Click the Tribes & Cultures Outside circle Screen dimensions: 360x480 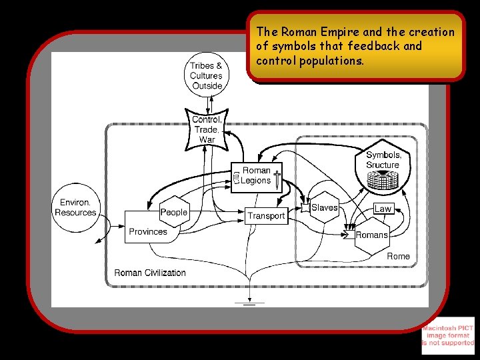coord(206,75)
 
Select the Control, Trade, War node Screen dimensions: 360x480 coord(207,129)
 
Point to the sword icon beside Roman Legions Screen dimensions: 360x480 coord(277,179)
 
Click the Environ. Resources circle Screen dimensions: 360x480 coord(75,207)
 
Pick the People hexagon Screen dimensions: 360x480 coord(173,213)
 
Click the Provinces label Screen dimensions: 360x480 coord(147,232)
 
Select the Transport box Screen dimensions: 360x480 coord(266,215)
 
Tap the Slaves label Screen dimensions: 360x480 coord(324,208)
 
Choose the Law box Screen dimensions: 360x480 coord(383,209)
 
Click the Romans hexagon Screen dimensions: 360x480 coord(371,235)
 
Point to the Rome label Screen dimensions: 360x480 coord(398,256)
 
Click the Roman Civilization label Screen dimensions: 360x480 coord(150,273)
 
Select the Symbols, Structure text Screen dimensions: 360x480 coord(383,160)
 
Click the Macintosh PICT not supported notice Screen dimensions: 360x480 coord(448,335)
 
